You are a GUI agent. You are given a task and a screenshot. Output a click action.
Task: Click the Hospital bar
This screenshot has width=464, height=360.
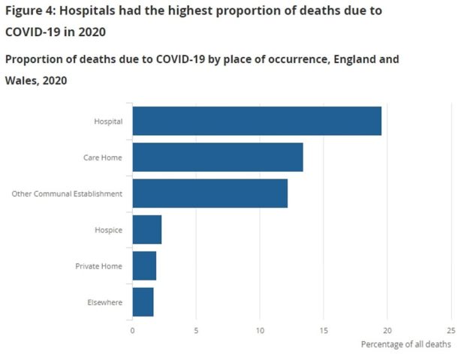(x=257, y=121)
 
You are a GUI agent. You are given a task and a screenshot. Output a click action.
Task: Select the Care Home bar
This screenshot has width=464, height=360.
(x=218, y=157)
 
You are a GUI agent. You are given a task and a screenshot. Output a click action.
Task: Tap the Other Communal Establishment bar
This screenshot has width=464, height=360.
(x=210, y=193)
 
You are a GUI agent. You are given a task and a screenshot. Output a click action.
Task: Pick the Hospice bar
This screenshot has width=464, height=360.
(x=147, y=229)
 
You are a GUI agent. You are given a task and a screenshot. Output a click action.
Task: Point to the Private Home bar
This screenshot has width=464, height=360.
(x=144, y=265)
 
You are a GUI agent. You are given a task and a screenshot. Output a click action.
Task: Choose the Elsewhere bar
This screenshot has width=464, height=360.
(x=143, y=301)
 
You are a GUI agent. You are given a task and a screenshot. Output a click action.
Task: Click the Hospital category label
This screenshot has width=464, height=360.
(x=107, y=121)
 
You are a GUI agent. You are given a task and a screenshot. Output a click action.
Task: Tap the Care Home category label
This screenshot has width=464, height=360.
(x=103, y=157)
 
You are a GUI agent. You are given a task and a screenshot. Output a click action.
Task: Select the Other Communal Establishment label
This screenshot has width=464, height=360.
(x=67, y=193)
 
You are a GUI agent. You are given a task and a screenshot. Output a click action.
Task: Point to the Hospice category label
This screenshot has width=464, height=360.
(x=109, y=229)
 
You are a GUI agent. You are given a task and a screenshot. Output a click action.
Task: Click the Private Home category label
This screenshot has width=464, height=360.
(x=98, y=265)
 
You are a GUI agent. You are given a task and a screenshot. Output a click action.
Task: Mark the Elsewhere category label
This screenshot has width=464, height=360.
(x=105, y=301)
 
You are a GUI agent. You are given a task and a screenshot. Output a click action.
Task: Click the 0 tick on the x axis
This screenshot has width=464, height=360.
(x=132, y=329)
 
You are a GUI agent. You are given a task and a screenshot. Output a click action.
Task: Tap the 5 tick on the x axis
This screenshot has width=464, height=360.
(x=196, y=329)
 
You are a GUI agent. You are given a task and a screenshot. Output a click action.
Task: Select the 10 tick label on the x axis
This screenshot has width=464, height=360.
(x=260, y=329)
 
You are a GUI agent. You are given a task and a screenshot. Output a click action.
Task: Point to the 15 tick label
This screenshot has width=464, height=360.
(x=324, y=329)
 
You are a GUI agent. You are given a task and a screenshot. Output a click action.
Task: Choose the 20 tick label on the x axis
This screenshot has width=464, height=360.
(x=387, y=329)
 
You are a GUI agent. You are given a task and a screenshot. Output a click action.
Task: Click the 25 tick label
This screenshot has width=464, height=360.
(x=450, y=329)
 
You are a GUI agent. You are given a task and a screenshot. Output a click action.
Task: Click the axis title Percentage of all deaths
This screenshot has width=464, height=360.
(x=405, y=344)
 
